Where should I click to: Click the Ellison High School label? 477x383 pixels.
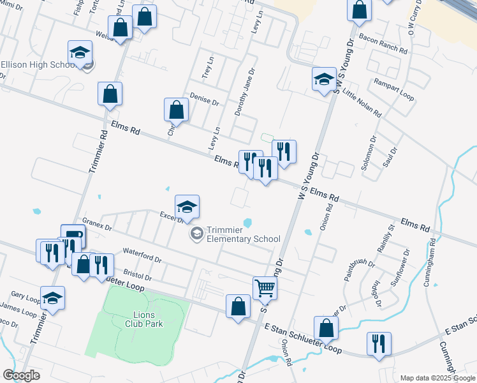point(38,65)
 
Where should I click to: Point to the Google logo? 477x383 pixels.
point(21,375)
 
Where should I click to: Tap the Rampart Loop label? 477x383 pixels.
point(394,91)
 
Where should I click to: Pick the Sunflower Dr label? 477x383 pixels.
point(397,272)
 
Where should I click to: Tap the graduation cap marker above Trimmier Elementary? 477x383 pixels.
point(187,207)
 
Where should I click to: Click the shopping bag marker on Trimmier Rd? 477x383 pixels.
point(110,93)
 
